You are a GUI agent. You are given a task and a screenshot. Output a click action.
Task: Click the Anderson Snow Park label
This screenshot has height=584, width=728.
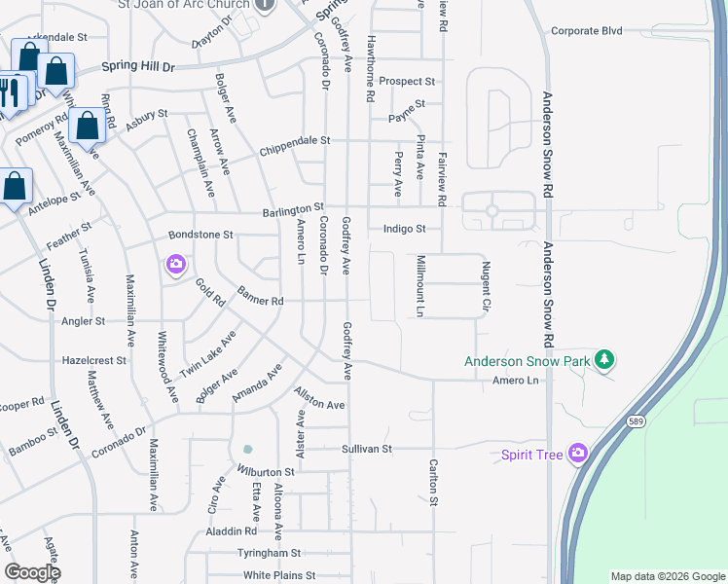click(x=527, y=361)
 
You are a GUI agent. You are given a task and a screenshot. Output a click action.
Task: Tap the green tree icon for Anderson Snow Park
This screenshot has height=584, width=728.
click(x=604, y=360)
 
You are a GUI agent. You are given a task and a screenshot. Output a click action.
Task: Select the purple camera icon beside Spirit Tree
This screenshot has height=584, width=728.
click(x=578, y=453)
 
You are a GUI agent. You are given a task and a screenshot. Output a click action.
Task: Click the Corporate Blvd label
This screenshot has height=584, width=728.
click(x=586, y=31)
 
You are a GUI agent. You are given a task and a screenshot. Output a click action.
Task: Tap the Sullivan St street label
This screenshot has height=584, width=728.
click(x=366, y=449)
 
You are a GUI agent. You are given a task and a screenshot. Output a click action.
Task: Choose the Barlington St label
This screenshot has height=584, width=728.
click(x=292, y=209)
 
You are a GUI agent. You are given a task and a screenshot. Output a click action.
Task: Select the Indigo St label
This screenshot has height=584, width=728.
click(x=404, y=229)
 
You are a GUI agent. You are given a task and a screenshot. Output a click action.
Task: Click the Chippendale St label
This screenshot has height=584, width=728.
click(x=295, y=141)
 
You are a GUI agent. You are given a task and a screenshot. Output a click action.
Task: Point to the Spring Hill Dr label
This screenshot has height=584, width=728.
click(x=138, y=67)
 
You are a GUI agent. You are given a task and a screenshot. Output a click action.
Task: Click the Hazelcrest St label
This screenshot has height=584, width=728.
click(x=94, y=360)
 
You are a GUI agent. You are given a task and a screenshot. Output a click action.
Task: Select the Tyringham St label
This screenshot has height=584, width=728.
click(x=269, y=553)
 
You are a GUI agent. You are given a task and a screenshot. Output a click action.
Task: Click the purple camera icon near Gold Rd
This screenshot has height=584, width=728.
click(x=176, y=264)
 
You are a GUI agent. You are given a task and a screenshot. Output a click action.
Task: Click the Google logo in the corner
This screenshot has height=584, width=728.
click(x=32, y=572)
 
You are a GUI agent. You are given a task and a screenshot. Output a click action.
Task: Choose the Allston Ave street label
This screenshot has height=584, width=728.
click(x=319, y=398)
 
